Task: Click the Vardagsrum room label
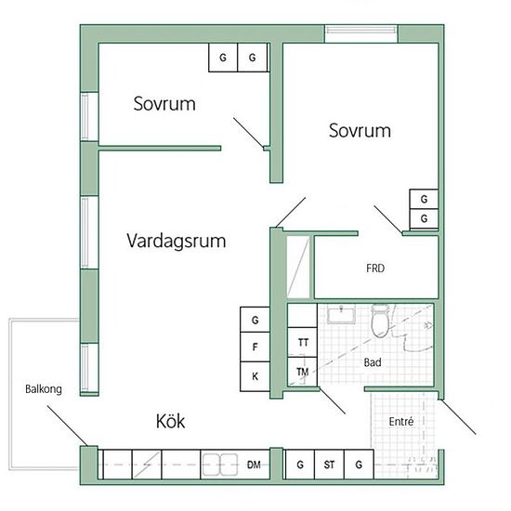(177, 242)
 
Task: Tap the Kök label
(170, 421)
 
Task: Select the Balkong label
(44, 389)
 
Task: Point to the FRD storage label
(375, 269)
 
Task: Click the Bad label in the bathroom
(373, 362)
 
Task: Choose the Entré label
(401, 422)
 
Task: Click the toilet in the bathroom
(380, 321)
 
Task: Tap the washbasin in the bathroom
(341, 314)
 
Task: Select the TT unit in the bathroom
(303, 342)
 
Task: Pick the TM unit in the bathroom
(303, 372)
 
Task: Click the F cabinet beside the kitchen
(255, 347)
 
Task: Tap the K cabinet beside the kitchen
(255, 376)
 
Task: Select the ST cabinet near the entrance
(329, 465)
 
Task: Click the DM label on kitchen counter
(254, 465)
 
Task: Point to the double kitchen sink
(220, 465)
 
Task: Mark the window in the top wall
(361, 33)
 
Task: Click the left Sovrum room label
(164, 104)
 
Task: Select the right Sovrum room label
(360, 131)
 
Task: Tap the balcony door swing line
(68, 426)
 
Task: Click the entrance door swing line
(458, 417)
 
